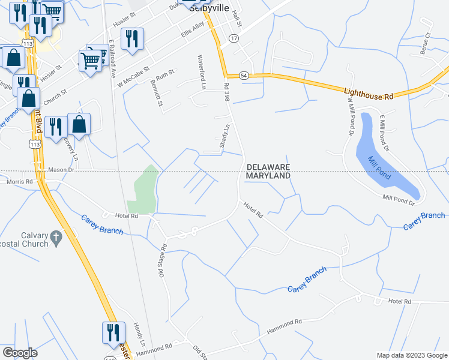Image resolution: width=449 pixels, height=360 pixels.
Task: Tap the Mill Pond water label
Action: click(x=380, y=167)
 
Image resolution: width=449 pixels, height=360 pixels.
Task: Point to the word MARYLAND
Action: click(x=268, y=176)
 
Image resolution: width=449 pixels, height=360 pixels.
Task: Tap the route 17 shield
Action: click(x=234, y=38)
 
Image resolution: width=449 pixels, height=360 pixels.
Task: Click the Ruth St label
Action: click(x=164, y=75)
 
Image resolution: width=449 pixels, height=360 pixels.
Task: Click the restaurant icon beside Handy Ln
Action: click(x=113, y=332)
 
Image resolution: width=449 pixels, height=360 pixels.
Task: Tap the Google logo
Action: click(x=20, y=353)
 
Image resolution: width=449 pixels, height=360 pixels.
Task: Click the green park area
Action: click(x=143, y=188)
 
